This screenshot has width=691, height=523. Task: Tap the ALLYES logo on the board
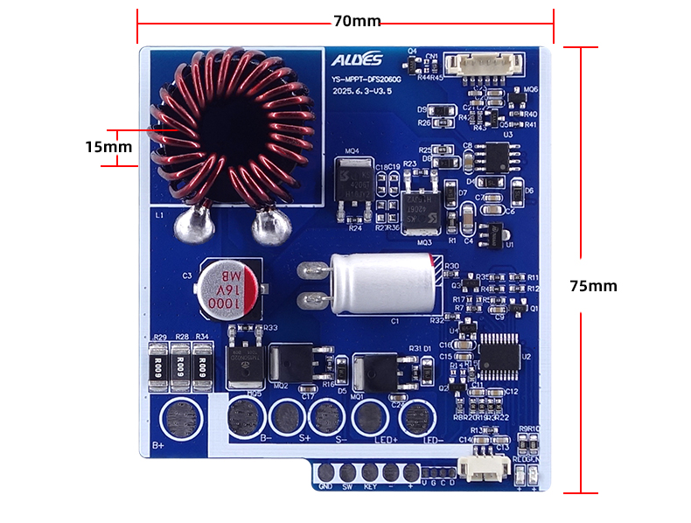coord(357,60)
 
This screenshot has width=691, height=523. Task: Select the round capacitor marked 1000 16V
coord(227,288)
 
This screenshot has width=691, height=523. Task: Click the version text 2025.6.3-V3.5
coord(366,90)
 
